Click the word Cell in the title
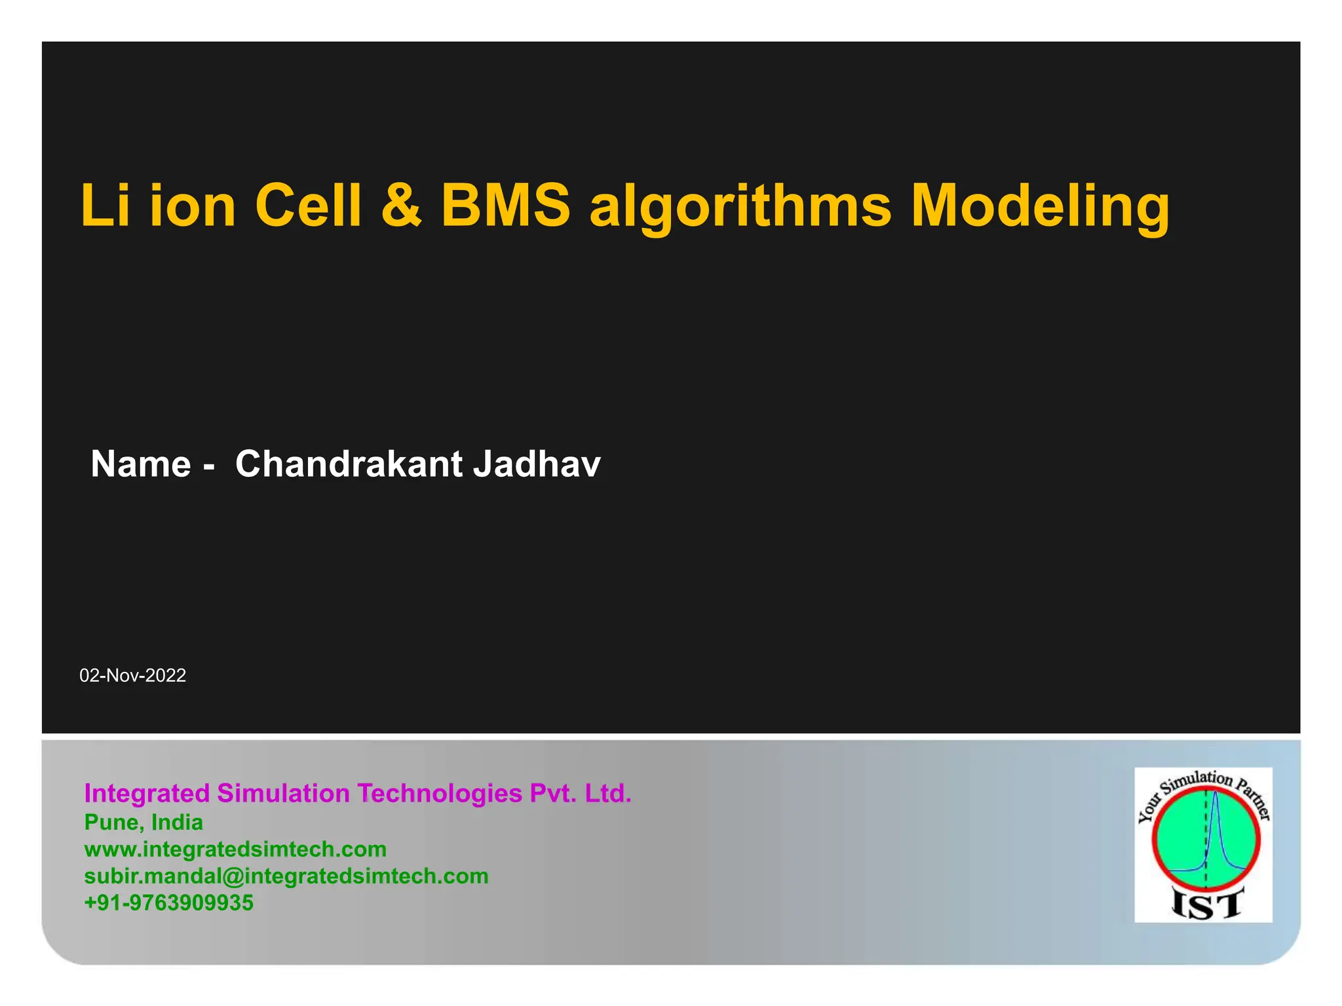(308, 206)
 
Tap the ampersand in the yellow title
(401, 206)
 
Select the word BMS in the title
(505, 206)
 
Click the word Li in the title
(105, 206)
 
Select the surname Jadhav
(536, 464)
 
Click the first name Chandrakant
(349, 464)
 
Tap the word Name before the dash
(141, 464)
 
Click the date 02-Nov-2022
(133, 675)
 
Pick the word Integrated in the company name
(147, 793)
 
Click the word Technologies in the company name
(439, 793)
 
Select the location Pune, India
(144, 822)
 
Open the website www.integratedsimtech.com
(235, 849)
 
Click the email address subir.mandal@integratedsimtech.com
(286, 876)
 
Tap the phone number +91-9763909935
(168, 903)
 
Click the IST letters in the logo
(1206, 905)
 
